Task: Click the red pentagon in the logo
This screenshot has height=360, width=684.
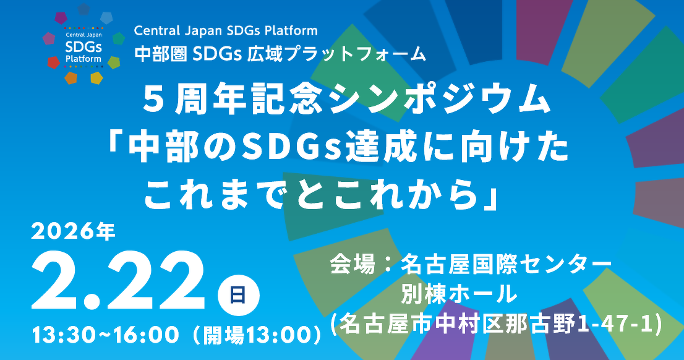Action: pos(53,62)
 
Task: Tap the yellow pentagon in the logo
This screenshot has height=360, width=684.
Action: pos(96,78)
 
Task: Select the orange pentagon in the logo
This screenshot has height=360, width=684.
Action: pos(71,78)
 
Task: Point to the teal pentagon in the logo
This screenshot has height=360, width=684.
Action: pos(118,38)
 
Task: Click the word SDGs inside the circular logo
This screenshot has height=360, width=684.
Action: pos(83,46)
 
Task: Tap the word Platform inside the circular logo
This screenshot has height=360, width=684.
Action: pos(83,59)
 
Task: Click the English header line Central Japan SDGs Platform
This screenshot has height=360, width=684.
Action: pos(226,31)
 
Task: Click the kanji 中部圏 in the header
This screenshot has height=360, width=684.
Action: pos(161,54)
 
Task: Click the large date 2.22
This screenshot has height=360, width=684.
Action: pos(118,281)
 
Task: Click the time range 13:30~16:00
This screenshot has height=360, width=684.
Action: pos(106,335)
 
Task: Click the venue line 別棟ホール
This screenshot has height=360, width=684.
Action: pos(460,293)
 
